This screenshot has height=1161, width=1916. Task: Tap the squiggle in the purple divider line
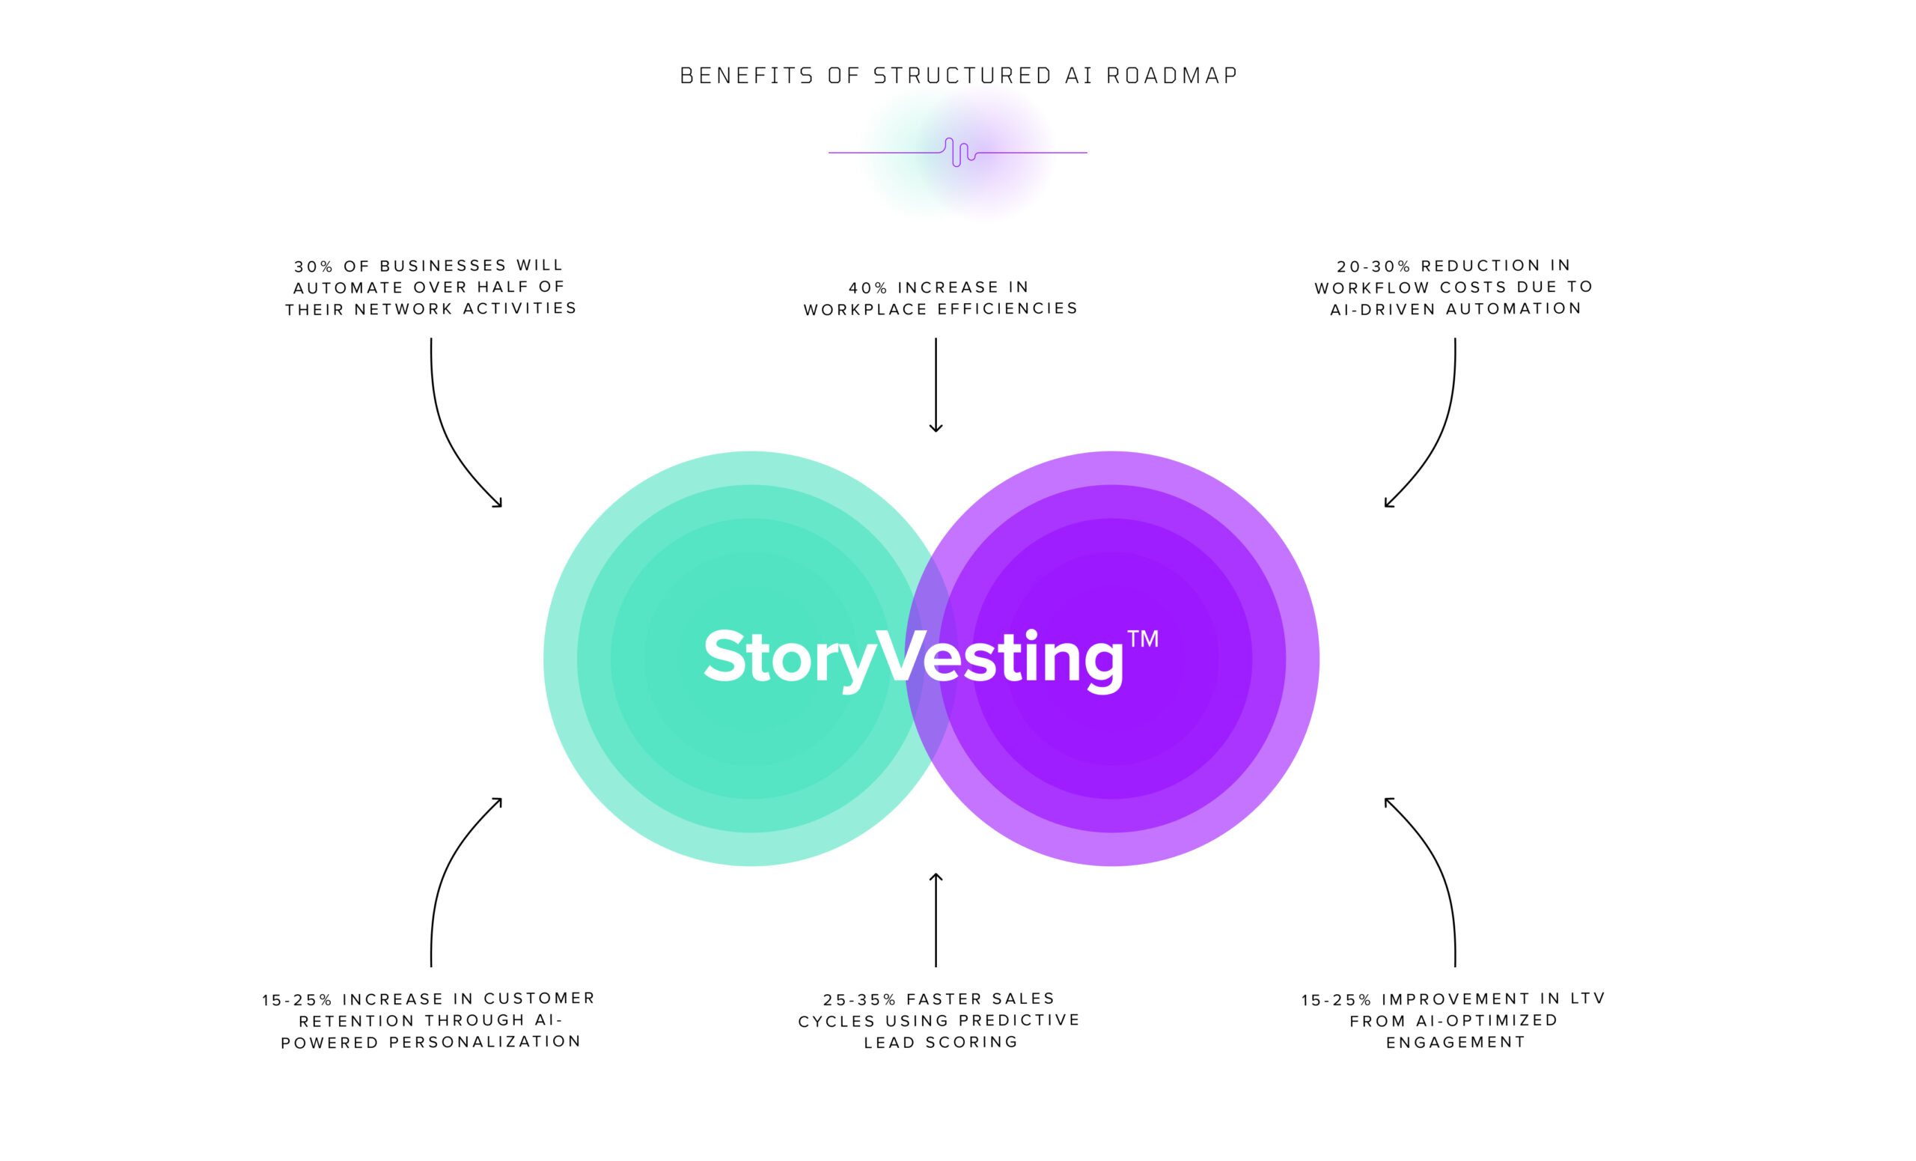(959, 153)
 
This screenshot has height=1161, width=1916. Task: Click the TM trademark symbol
(1143, 639)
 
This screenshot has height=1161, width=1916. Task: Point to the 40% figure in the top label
(867, 287)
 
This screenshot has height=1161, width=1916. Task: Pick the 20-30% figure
(1373, 266)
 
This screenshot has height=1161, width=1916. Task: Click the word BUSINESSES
(443, 266)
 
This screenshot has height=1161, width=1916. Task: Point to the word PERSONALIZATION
(485, 1041)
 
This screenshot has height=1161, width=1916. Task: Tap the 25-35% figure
(859, 999)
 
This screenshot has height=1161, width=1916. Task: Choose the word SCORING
(971, 1042)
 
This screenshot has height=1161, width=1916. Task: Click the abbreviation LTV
(1588, 999)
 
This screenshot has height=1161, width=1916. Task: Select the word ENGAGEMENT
(1456, 1042)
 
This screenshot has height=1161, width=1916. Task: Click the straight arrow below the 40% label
(936, 385)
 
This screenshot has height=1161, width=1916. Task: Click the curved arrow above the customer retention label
(451, 871)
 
